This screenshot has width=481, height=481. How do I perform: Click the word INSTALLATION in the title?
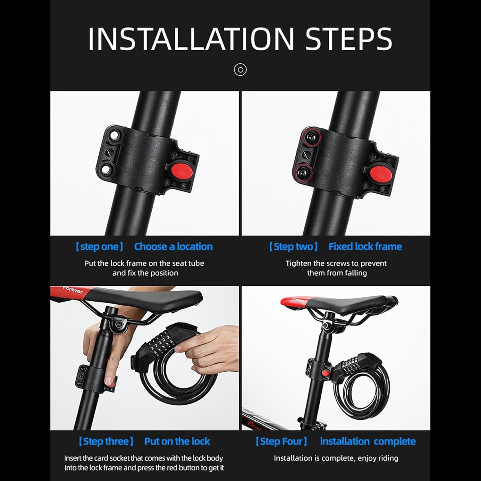point(191,39)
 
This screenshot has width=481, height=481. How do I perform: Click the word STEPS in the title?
point(349,39)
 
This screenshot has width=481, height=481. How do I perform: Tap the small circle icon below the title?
point(240,70)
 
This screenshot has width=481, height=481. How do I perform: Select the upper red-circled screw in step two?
point(310,138)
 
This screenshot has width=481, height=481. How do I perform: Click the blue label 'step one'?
point(99,247)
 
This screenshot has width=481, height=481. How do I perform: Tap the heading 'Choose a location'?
point(173,247)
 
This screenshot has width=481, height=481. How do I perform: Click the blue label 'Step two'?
point(293,247)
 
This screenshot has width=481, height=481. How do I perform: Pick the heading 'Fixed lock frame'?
point(365,247)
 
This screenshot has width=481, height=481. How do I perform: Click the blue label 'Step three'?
point(106,441)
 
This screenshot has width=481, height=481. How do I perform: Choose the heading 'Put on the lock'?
point(177,441)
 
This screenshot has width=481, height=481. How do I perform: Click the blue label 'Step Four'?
point(281,441)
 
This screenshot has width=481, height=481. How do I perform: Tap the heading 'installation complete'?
point(368,441)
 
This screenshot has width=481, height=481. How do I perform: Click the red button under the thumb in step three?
point(110,383)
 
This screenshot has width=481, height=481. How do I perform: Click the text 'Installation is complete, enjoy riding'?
point(336,458)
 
